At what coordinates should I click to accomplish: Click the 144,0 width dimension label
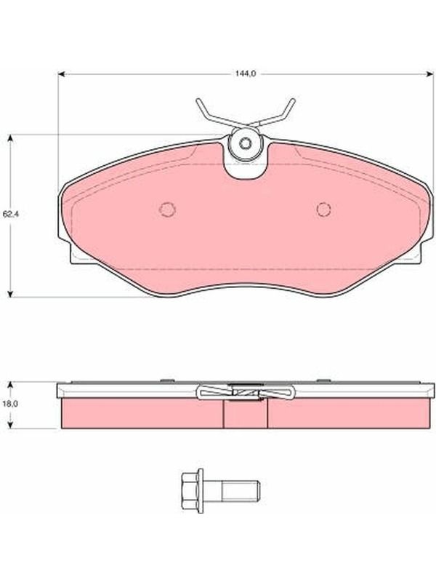tap(245, 73)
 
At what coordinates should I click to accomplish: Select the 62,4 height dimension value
tap(10, 214)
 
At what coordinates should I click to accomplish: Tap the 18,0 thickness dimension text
tap(11, 404)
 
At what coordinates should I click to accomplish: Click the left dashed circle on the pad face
tap(167, 210)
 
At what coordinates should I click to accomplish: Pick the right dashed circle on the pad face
tap(323, 210)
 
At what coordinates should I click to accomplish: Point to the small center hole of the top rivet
tap(245, 143)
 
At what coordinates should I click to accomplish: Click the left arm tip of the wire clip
tap(198, 100)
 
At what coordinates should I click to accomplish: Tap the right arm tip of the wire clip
tap(293, 100)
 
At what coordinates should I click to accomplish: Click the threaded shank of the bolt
tap(241, 491)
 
